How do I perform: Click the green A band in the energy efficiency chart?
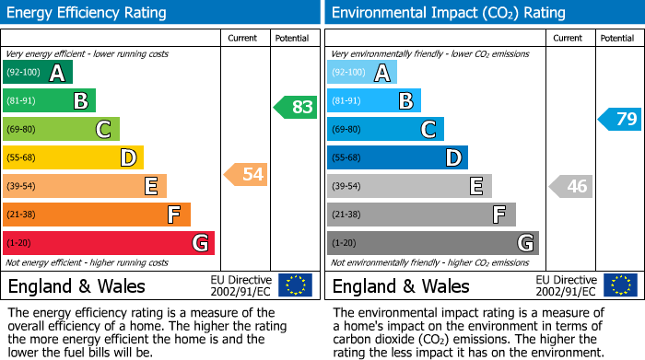pos(37,73)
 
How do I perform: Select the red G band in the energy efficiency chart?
pos(109,243)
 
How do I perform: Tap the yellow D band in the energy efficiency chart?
pos(73,158)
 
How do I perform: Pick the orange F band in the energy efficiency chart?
pos(97,215)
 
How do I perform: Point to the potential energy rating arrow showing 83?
pos(295,107)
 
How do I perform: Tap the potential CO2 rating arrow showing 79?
pos(619,119)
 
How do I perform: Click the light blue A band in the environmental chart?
pos(361,73)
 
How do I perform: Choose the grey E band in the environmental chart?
pos(409,186)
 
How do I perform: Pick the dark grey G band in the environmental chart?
pos(432,243)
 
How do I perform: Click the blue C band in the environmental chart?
pos(385,130)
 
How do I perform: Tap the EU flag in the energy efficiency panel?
pos(295,285)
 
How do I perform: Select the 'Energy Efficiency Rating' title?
pos(88,13)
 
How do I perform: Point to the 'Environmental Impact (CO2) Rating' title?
pos(448,13)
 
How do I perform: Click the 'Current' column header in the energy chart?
pos(242,38)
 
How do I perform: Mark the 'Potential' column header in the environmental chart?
pos(616,38)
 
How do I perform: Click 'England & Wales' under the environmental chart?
pos(401,286)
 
